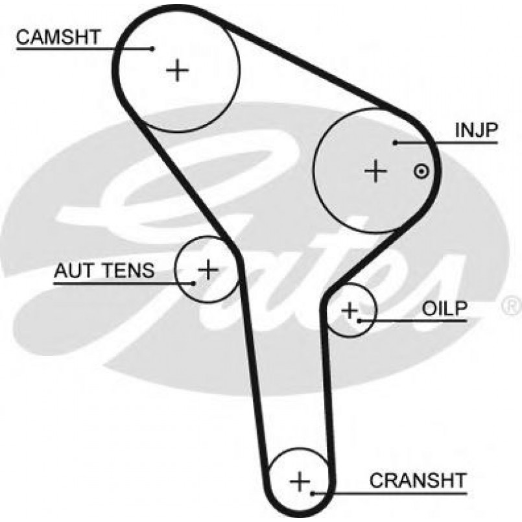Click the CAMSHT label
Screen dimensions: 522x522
pos(58,37)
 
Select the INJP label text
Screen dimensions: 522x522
pos(475,132)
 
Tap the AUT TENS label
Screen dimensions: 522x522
pos(104,270)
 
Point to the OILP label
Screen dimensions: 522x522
pos(444,309)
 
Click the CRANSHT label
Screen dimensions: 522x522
pos(418,480)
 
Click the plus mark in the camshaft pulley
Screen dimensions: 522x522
pos(177,69)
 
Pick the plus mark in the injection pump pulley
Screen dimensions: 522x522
pos(375,171)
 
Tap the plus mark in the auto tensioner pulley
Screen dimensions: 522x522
pos(208,268)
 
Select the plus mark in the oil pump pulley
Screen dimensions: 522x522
pos(350,311)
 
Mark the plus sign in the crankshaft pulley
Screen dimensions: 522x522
pos(300,482)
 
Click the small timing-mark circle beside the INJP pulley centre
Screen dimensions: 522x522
pos(421,171)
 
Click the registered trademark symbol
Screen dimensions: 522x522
pos(511,303)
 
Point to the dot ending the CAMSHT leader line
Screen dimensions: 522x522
pos(152,48)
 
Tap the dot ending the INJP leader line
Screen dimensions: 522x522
pos(394,142)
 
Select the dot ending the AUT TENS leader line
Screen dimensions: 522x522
pos(193,282)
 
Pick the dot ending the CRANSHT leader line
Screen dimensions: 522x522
pos(313,493)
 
